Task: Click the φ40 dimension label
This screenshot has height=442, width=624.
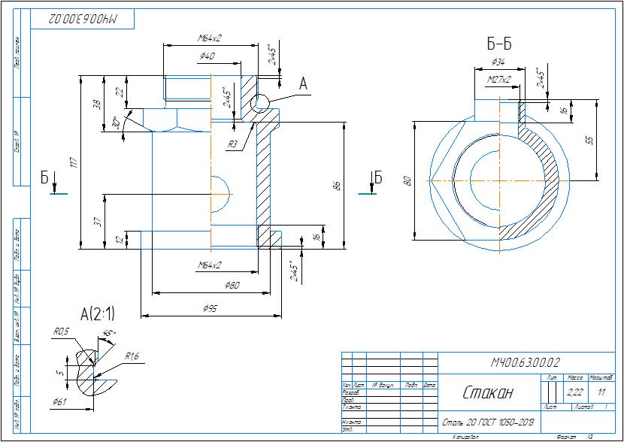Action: coord(207,56)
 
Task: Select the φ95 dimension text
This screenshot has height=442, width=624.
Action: coord(211,308)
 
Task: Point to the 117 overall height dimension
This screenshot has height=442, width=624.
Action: coord(73,162)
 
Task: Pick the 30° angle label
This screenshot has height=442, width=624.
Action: coord(116,122)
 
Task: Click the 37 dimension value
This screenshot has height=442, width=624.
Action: coord(96,221)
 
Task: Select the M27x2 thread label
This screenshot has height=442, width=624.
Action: coord(498,78)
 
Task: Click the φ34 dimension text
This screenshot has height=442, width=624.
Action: coord(498,62)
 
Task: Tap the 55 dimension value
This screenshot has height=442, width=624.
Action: coord(590,140)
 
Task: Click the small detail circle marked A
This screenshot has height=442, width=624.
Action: coord(261,103)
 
